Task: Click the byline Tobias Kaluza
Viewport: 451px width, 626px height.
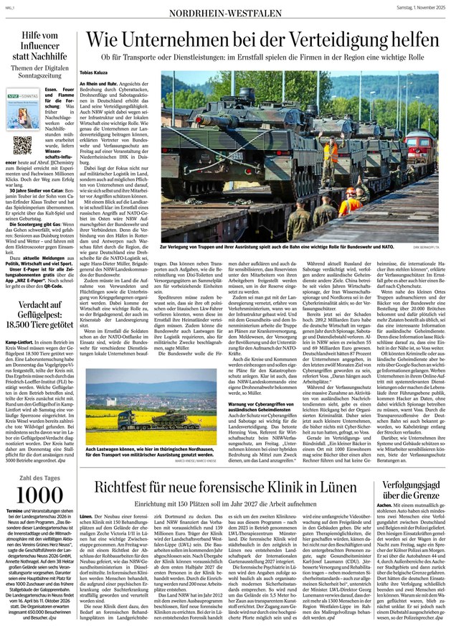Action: pos(99,73)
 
